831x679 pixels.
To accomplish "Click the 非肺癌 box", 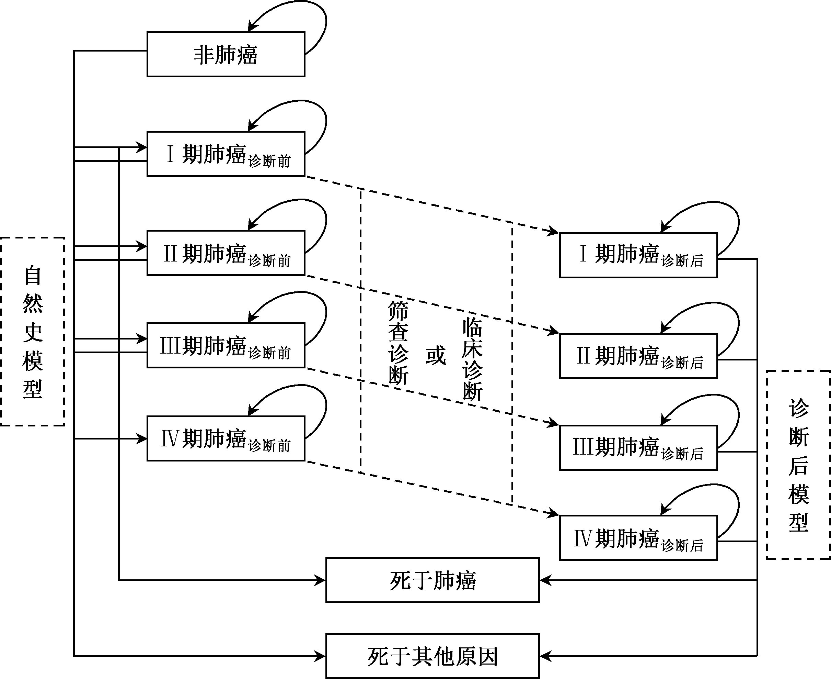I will (226, 54).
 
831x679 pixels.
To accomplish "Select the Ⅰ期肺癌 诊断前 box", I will (226, 154).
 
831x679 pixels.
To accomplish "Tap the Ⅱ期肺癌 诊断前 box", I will (226, 253).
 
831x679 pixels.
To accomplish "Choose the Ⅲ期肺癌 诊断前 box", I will (226, 345).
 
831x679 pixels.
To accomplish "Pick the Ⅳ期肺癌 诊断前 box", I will (226, 438).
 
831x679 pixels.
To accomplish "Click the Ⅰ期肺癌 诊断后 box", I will (638, 255).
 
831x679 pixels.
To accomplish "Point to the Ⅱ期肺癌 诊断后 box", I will (638, 356).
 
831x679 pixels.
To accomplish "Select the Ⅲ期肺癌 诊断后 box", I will (638, 447).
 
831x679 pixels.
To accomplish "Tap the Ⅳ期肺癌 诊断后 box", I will (638, 538).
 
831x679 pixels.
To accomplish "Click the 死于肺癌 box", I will (432, 580).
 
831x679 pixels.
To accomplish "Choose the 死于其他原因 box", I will (432, 656).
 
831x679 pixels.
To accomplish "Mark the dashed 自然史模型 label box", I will (32, 331).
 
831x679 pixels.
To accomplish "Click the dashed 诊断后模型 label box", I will (798, 465).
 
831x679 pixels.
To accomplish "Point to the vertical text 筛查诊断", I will (398, 343).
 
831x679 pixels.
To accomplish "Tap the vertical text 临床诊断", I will (472, 359).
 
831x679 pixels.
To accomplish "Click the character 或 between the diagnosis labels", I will (436, 355).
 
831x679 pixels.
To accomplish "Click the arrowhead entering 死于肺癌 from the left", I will (320, 580).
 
